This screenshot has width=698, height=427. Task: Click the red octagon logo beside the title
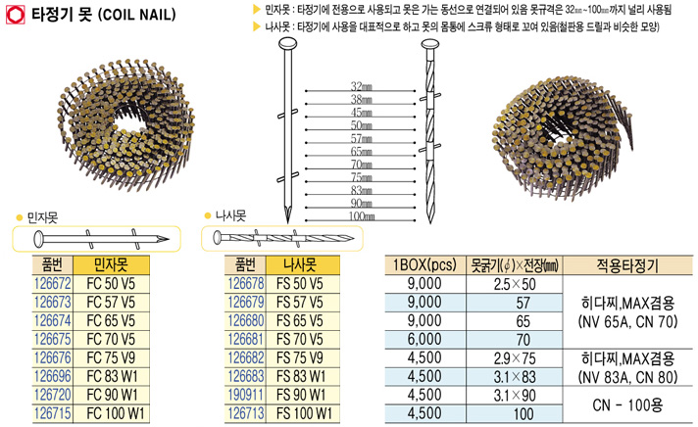[x=15, y=15]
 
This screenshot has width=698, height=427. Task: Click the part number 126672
[x=52, y=283]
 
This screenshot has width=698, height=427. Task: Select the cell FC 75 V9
[x=111, y=357]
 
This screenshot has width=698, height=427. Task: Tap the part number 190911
[x=246, y=395]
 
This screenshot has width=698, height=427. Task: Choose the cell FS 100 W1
[x=304, y=413]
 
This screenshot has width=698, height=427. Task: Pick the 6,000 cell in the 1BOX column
[x=424, y=340]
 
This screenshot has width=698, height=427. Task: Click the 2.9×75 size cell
[x=515, y=358]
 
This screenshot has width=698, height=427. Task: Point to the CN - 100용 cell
[x=627, y=404]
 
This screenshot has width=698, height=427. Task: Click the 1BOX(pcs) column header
[x=424, y=265]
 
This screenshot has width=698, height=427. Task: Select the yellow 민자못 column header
[x=111, y=265]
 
